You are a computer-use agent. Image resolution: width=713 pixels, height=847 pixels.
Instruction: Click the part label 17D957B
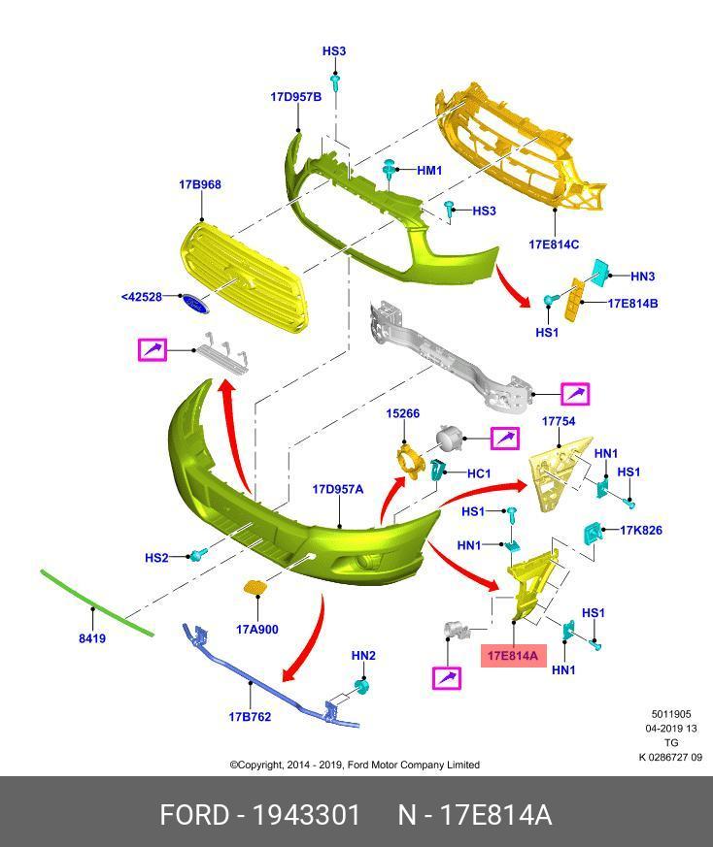(x=295, y=97)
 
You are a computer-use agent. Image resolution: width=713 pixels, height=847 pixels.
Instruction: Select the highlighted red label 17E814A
(x=512, y=657)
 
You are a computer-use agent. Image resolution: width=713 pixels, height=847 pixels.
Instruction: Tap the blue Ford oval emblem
(x=194, y=304)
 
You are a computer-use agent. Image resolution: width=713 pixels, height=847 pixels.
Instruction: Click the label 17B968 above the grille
(x=199, y=184)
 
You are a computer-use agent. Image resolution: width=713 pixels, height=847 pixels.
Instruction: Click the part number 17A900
(x=256, y=630)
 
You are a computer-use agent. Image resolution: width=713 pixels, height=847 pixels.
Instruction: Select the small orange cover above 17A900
(x=253, y=588)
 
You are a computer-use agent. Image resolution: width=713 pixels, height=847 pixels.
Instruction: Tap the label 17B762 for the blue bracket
(x=250, y=717)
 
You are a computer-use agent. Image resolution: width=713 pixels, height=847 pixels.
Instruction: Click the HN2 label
(x=363, y=656)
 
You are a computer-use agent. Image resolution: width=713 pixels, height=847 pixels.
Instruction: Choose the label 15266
(x=402, y=413)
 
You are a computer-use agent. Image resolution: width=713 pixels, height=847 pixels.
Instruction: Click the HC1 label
(x=479, y=473)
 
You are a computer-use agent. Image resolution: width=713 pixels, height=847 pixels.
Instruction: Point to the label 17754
(x=558, y=422)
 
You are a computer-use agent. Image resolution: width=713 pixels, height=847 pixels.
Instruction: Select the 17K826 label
(x=641, y=531)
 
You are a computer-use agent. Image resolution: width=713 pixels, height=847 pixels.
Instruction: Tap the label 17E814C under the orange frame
(x=554, y=244)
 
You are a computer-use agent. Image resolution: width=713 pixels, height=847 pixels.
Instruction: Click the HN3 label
(x=643, y=277)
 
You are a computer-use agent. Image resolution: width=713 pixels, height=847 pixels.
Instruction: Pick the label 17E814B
(x=632, y=304)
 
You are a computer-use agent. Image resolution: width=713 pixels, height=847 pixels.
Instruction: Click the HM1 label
(x=429, y=171)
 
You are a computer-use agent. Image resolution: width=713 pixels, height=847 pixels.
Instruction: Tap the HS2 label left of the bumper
(x=156, y=558)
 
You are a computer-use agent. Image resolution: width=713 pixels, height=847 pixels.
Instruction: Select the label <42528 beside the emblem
(x=142, y=297)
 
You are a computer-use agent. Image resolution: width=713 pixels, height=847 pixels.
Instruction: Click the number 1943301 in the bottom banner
(x=306, y=814)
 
